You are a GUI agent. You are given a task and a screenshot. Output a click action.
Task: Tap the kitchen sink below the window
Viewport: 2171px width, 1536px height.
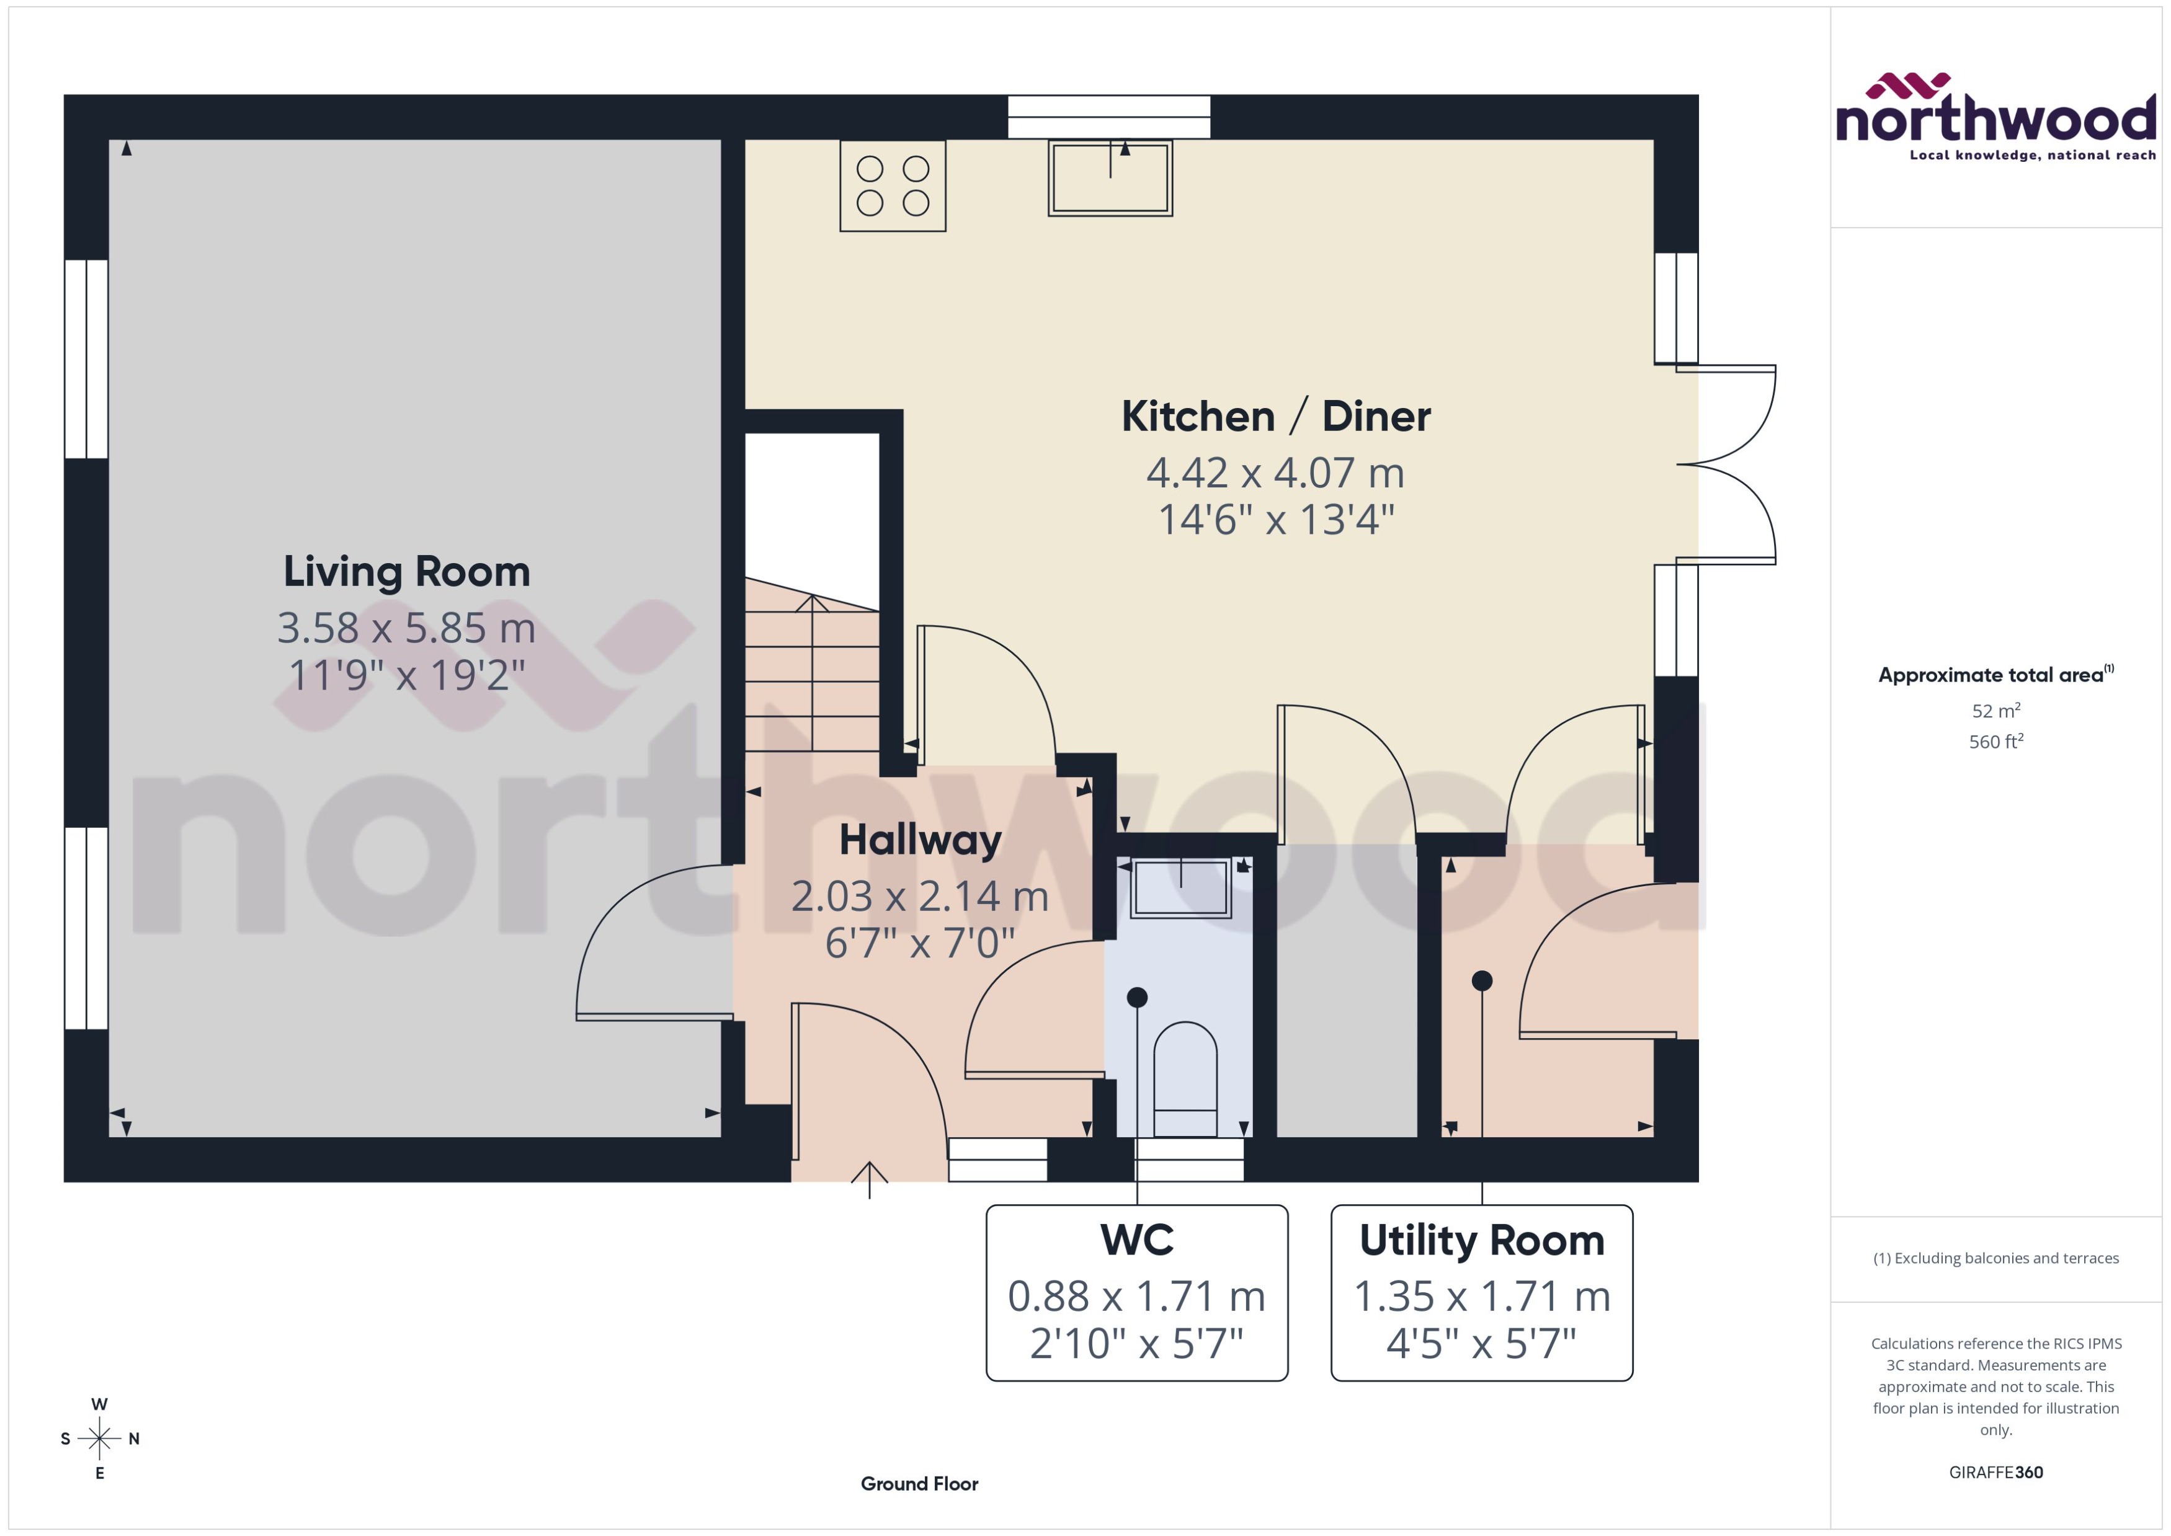coord(1110,179)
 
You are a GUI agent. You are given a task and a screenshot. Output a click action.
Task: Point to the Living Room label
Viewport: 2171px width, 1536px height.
coord(407,571)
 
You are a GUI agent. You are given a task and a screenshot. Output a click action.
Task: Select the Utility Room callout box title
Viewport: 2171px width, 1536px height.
coord(1481,1240)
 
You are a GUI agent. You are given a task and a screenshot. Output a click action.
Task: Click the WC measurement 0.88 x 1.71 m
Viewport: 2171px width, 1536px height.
coord(1136,1296)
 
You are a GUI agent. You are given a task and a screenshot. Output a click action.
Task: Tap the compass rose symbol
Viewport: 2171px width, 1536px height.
coord(99,1439)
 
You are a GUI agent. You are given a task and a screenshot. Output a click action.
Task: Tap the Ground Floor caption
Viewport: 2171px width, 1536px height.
coord(919,1483)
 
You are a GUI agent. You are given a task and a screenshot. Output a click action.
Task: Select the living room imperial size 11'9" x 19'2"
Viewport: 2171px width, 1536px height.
coord(407,675)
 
